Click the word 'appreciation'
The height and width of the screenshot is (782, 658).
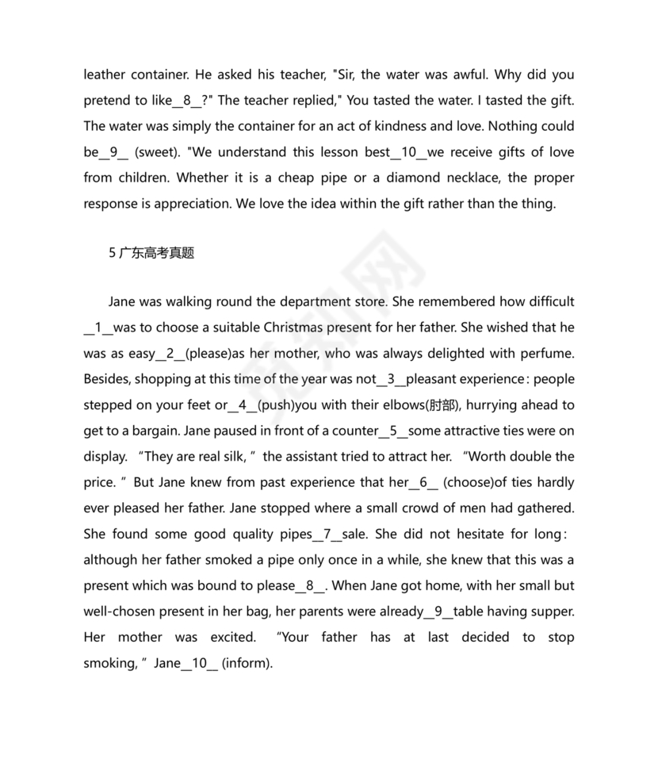[x=205, y=203]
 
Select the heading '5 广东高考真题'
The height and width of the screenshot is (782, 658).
[x=151, y=254]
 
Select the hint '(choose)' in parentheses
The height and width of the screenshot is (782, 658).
[x=469, y=481]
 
